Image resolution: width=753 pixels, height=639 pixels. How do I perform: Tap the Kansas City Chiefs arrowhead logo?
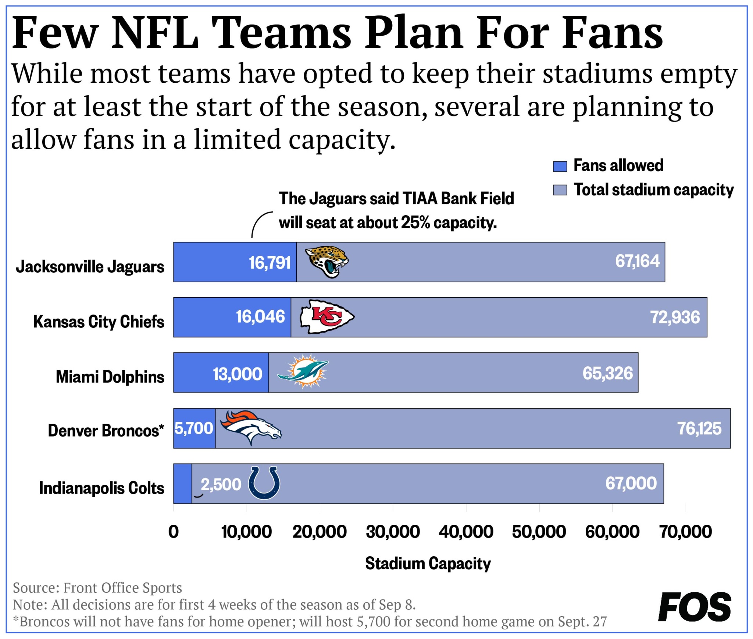327,317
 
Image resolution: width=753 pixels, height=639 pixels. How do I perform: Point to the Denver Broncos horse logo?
251,427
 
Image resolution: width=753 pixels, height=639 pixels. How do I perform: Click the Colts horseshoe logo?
264,482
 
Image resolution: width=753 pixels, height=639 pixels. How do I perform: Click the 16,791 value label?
270,263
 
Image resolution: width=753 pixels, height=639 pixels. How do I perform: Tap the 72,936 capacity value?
675,317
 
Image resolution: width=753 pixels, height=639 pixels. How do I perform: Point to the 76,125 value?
699,428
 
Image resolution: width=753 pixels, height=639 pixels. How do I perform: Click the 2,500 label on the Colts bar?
221,484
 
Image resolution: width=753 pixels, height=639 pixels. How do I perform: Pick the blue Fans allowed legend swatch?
560,166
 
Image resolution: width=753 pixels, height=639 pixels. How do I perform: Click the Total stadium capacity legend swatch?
560,190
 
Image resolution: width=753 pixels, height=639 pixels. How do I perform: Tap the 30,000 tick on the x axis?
393,532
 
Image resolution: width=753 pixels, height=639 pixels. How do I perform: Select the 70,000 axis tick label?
685,532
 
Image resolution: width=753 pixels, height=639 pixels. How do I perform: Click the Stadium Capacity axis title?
428,563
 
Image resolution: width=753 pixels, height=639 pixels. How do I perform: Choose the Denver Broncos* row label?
106,430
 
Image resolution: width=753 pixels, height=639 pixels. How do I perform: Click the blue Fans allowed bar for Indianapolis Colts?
182,484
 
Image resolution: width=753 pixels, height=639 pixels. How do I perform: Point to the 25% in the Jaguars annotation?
415,223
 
